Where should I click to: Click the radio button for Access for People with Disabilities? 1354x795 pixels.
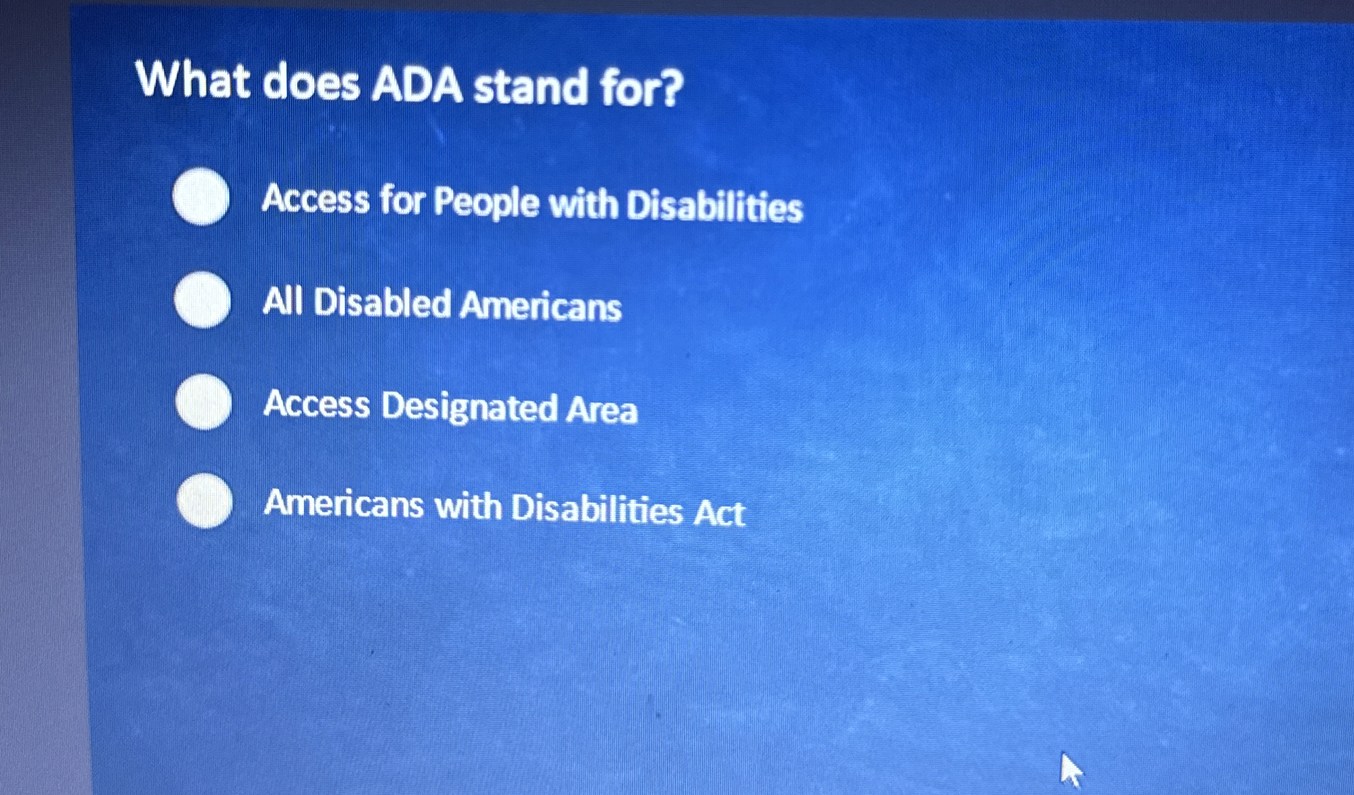click(x=201, y=197)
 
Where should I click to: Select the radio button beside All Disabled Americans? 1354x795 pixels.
click(x=202, y=300)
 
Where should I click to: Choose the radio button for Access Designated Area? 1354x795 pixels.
click(x=203, y=402)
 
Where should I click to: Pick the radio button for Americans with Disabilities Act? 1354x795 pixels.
click(x=205, y=501)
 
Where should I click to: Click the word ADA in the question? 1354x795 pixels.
click(x=416, y=87)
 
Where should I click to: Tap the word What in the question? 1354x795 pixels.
click(x=193, y=81)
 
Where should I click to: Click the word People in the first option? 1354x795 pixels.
click(x=487, y=202)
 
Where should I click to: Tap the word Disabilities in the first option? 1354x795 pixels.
click(x=714, y=206)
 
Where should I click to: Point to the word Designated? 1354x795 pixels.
click(x=468, y=407)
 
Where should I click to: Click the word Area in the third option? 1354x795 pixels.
click(x=602, y=409)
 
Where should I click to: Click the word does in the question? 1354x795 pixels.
click(x=311, y=84)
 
